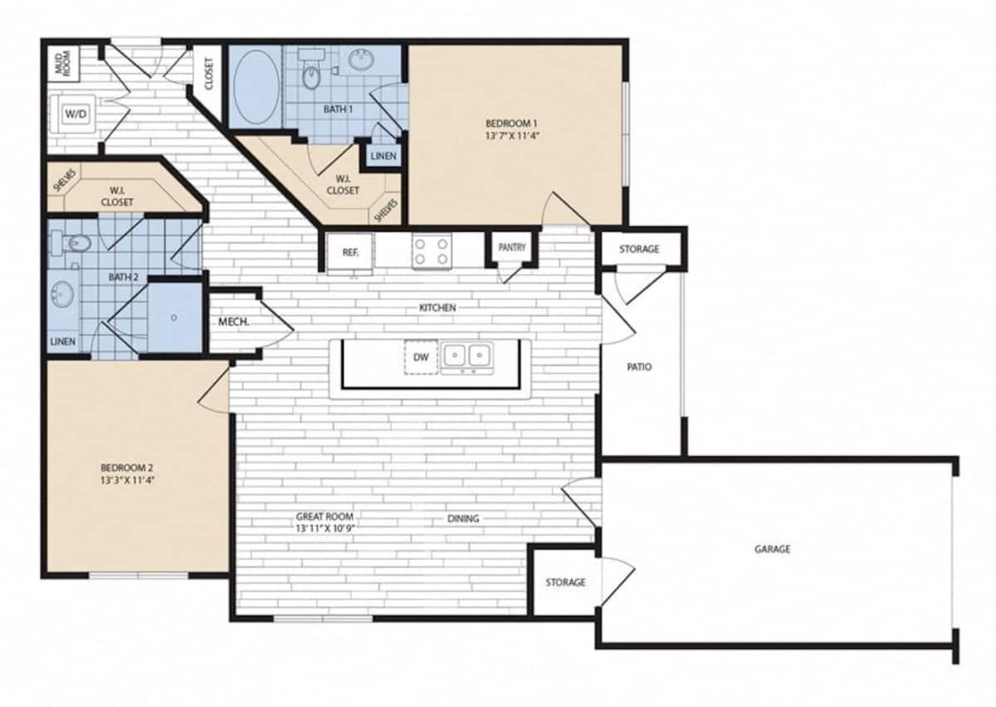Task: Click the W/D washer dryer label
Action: (76, 112)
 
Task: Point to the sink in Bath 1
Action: (362, 60)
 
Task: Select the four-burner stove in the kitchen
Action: (432, 251)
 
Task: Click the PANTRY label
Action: (511, 248)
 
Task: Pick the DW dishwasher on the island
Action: (420, 357)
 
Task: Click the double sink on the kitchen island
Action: (466, 357)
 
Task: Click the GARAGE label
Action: (772, 549)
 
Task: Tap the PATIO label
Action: (638, 366)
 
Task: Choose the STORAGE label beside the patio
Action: (638, 249)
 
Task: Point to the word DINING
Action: (463, 519)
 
